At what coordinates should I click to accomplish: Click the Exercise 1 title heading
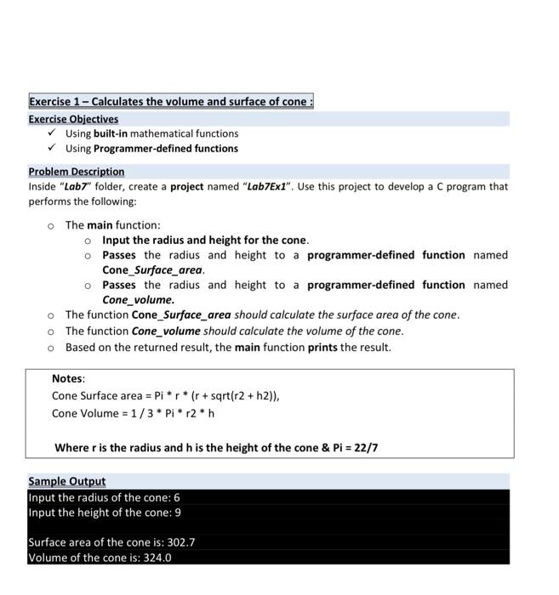(x=170, y=102)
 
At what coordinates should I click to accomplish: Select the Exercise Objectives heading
(x=73, y=119)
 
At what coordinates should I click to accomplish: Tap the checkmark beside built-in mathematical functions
(x=53, y=133)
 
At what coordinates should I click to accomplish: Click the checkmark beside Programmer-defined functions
(x=53, y=148)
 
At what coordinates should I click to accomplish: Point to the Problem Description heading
(x=76, y=172)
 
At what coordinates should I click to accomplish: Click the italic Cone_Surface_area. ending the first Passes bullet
(x=153, y=270)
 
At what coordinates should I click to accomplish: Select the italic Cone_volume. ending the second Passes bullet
(x=139, y=300)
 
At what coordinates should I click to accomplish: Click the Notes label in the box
(x=68, y=379)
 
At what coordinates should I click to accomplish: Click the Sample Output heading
(x=66, y=481)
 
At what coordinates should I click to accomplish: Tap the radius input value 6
(x=176, y=497)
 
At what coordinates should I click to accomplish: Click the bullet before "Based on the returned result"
(x=51, y=348)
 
